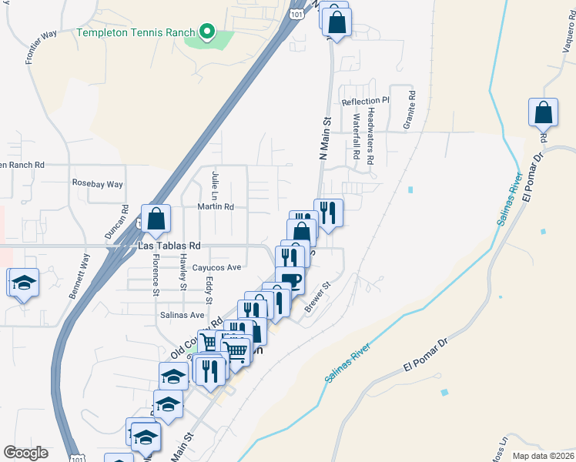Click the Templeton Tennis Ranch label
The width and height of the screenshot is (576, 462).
tap(136, 33)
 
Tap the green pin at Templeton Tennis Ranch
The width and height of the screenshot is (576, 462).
tap(206, 32)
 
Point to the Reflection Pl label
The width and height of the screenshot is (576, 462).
tap(367, 102)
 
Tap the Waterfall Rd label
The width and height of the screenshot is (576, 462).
tap(357, 137)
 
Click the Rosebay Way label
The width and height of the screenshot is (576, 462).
tap(98, 184)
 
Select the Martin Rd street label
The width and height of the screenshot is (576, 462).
tap(216, 206)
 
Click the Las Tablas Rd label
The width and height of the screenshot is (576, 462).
tap(169, 246)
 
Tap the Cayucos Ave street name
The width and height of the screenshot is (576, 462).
tap(217, 267)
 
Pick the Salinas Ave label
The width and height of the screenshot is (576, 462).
tap(182, 315)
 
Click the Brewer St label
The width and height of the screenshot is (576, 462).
tap(316, 296)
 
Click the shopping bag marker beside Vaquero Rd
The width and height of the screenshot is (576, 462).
tap(544, 112)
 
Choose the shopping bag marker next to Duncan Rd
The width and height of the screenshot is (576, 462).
tap(156, 219)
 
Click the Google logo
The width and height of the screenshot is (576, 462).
tap(25, 453)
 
